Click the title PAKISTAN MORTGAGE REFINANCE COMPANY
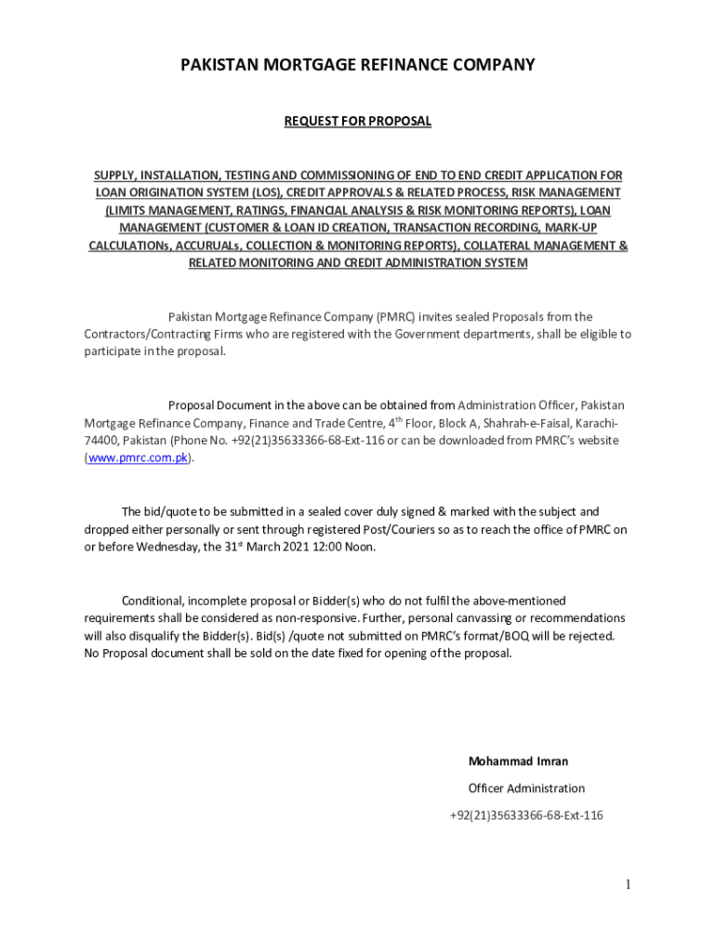(358, 65)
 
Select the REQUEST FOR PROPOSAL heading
(358, 122)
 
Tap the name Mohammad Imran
(518, 761)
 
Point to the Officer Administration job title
(526, 788)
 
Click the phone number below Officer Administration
(526, 815)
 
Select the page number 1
(629, 884)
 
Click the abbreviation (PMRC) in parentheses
(396, 317)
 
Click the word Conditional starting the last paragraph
(155, 601)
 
